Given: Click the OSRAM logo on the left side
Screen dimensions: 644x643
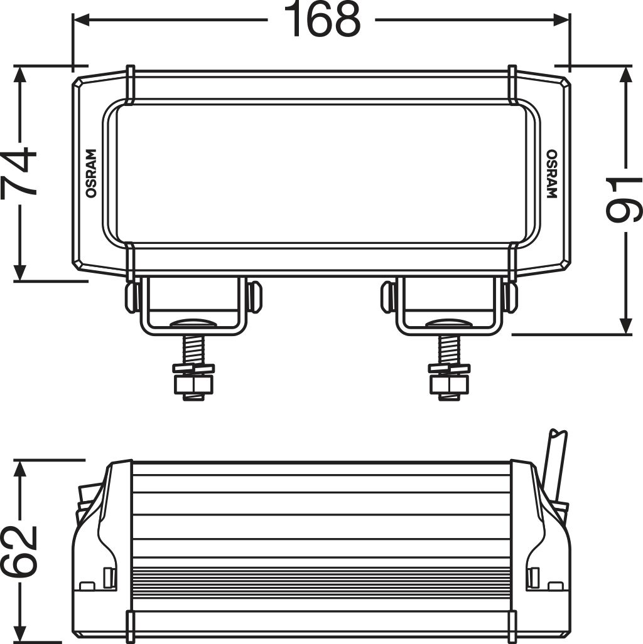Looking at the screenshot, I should click(x=90, y=174).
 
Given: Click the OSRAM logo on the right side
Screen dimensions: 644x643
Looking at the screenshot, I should click(x=551, y=174).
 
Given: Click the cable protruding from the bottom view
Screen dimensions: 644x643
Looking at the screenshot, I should click(x=556, y=464).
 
